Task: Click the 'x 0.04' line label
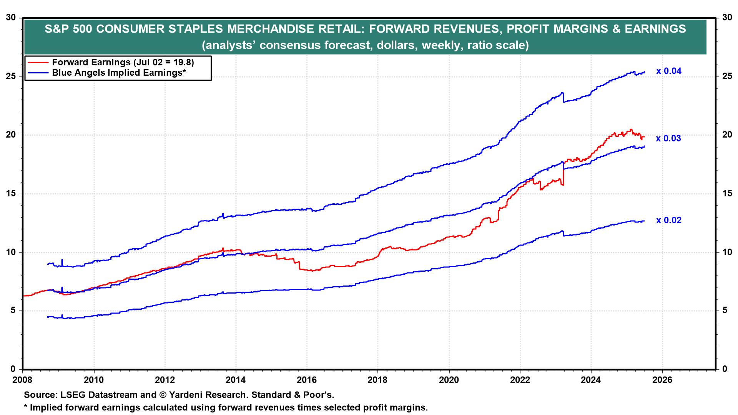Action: point(668,71)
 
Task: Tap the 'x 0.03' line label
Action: point(668,139)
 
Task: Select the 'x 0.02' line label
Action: point(668,221)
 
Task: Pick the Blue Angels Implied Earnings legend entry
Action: point(119,73)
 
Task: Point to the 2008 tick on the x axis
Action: point(23,380)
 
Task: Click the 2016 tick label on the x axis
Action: point(307,380)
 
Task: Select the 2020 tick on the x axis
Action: point(449,380)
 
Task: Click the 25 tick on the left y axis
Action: point(12,76)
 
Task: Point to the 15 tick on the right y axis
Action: point(726,194)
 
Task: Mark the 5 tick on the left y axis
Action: point(14,311)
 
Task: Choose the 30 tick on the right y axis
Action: point(726,18)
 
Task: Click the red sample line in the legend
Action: point(38,62)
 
